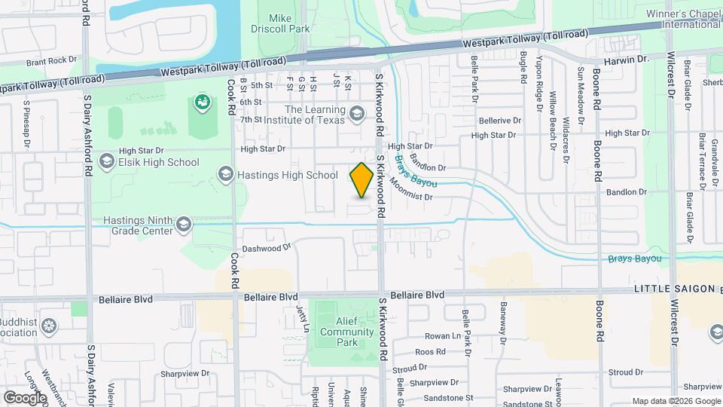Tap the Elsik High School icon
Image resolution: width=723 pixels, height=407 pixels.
pos(107,162)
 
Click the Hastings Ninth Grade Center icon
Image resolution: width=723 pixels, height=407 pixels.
pos(183,224)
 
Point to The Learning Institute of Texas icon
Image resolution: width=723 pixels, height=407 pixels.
pos(357,115)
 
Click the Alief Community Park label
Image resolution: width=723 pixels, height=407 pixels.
pos(346,332)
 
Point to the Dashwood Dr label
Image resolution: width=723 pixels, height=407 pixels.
pos(266,247)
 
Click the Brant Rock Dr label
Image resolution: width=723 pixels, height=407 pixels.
pos(51,60)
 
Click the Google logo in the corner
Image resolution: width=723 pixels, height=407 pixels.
pos(24,397)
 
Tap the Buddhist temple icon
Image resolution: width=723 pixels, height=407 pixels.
pos(49,326)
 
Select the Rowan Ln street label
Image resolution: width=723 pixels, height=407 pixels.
pos(441,336)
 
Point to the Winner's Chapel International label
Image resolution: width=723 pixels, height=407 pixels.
pos(682,19)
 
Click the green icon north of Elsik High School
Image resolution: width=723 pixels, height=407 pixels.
pos(201,101)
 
